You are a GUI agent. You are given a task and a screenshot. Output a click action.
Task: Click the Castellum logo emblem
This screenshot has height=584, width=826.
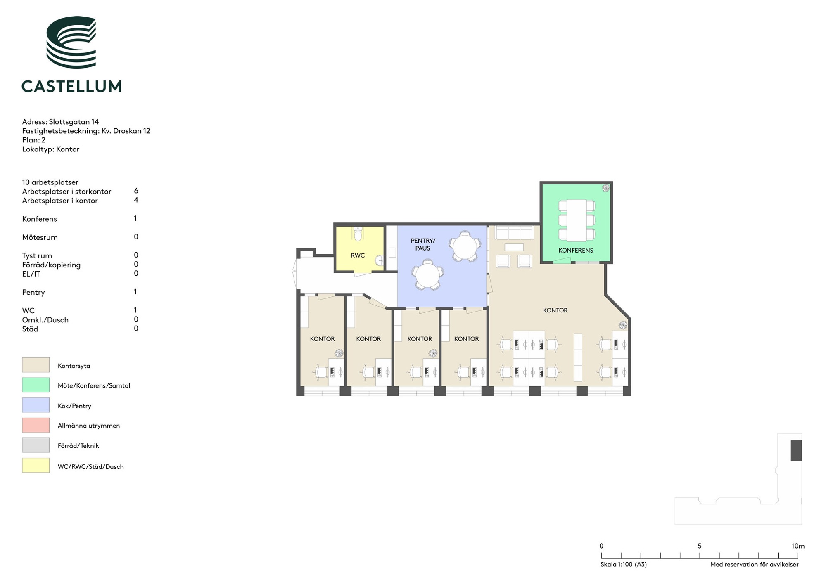coord(71,42)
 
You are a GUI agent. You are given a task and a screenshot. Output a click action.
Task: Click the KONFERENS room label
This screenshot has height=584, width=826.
coord(576,250)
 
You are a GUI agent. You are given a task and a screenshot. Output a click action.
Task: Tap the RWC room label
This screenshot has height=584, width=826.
coord(358,255)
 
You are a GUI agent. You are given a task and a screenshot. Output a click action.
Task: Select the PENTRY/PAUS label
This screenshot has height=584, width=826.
coord(423,244)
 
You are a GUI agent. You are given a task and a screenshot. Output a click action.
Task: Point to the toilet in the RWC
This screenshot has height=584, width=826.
coord(358,234)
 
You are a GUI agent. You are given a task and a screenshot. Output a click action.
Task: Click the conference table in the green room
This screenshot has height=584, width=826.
coord(577,220)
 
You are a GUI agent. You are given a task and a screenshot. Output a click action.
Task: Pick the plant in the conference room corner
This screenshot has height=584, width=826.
coord(606,188)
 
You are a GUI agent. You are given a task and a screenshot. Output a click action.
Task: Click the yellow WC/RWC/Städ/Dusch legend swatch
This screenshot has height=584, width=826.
coord(36,466)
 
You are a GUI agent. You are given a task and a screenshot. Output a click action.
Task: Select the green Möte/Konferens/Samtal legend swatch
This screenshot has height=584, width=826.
coord(36,385)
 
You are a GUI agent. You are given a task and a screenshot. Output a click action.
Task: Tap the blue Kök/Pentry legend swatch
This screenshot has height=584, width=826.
coord(36,405)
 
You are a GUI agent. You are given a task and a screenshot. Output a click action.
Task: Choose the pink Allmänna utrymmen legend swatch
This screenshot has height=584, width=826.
coord(36,425)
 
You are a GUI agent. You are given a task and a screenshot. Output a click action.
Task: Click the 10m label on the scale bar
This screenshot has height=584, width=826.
coord(798,546)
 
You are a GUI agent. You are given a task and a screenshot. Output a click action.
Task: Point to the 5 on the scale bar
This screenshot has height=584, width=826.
coord(700,546)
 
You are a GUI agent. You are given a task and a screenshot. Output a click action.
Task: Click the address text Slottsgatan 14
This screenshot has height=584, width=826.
coord(74,122)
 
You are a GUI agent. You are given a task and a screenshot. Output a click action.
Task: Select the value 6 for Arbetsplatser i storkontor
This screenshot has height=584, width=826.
coord(136,191)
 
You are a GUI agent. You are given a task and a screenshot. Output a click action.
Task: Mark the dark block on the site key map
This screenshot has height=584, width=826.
coord(796,450)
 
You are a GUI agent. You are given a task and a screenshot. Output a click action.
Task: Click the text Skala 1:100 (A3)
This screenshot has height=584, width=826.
coord(624,564)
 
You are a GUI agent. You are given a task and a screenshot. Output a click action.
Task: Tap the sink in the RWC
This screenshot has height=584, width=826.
coord(380,260)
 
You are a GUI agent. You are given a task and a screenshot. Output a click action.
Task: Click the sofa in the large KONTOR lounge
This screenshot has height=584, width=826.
coord(515,232)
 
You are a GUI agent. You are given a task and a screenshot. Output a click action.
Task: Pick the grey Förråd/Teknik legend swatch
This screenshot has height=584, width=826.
coord(36,445)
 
